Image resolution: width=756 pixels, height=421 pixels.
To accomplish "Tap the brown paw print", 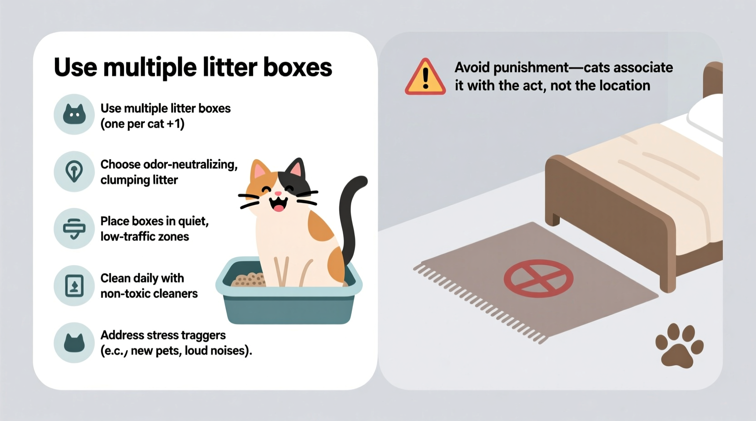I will (x=679, y=346).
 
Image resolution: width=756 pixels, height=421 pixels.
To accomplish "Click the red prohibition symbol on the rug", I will (x=538, y=279).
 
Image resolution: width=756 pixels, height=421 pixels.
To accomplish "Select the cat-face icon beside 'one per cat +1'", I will (x=74, y=114).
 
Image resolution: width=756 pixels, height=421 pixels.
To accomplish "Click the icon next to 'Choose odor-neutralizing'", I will (x=74, y=171).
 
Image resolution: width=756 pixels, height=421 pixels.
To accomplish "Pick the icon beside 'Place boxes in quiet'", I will (x=74, y=228).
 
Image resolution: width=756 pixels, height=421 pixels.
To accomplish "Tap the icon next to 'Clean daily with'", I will (x=74, y=286).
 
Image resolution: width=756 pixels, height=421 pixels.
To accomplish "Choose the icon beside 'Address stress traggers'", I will (x=74, y=343).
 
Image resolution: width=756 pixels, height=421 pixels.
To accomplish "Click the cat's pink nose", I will (x=278, y=194).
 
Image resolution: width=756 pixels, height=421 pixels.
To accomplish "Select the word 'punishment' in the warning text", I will (x=531, y=68).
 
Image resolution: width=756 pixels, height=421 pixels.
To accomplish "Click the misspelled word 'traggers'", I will (x=203, y=335).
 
